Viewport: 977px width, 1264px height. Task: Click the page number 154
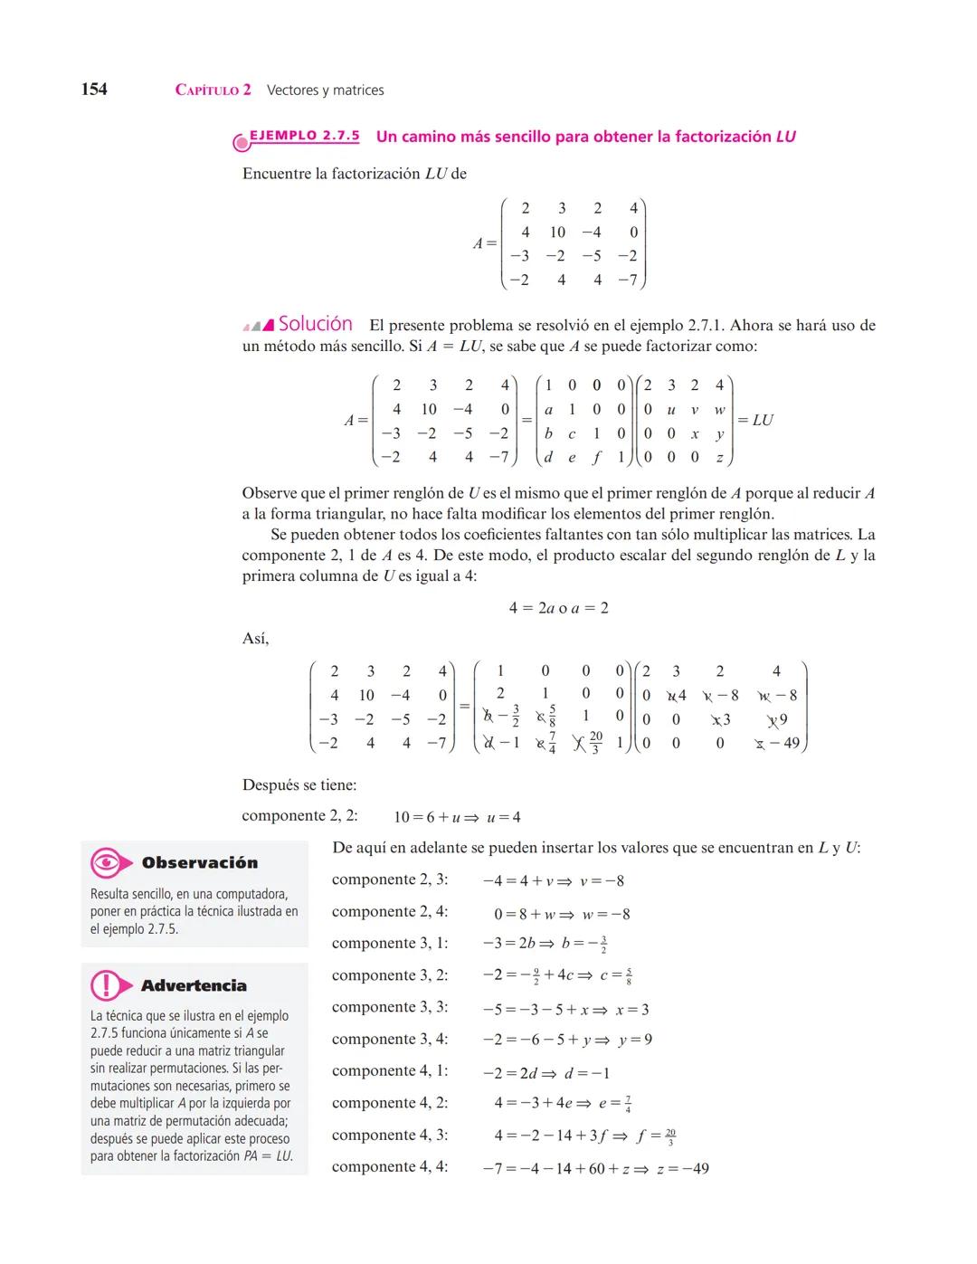(x=94, y=89)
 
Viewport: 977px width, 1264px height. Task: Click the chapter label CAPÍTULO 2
(x=213, y=90)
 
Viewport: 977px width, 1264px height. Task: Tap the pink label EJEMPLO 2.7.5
(x=304, y=136)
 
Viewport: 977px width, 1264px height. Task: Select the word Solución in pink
(x=315, y=324)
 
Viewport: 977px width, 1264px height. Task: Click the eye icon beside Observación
(x=107, y=863)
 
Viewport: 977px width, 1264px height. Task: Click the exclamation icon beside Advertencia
(x=107, y=985)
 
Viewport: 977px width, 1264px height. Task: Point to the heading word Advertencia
(x=194, y=985)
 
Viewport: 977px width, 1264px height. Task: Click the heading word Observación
(x=199, y=863)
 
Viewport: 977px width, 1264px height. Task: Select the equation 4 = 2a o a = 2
(x=558, y=608)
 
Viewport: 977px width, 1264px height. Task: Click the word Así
(x=255, y=639)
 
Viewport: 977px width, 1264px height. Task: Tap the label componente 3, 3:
(x=390, y=1007)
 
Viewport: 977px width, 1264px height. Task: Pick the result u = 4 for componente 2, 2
(x=504, y=817)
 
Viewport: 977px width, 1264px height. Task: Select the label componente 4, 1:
(x=390, y=1071)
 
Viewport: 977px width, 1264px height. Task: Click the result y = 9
(x=635, y=1040)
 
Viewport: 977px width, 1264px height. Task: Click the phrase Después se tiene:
(x=299, y=785)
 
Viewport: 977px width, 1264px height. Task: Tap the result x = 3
(x=632, y=1009)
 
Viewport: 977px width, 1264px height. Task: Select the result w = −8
(x=606, y=914)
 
